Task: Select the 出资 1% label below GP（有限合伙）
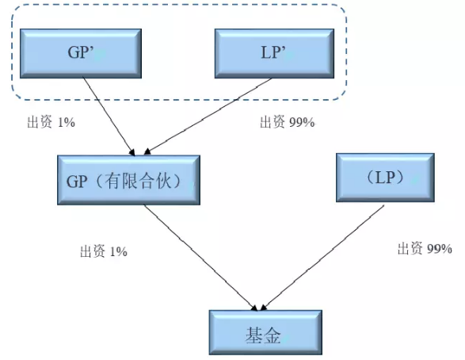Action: click(103, 251)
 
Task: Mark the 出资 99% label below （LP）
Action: click(425, 249)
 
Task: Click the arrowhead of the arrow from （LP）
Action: click(262, 306)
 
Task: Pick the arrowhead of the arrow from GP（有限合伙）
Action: click(255, 306)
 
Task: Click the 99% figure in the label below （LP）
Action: click(439, 249)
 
